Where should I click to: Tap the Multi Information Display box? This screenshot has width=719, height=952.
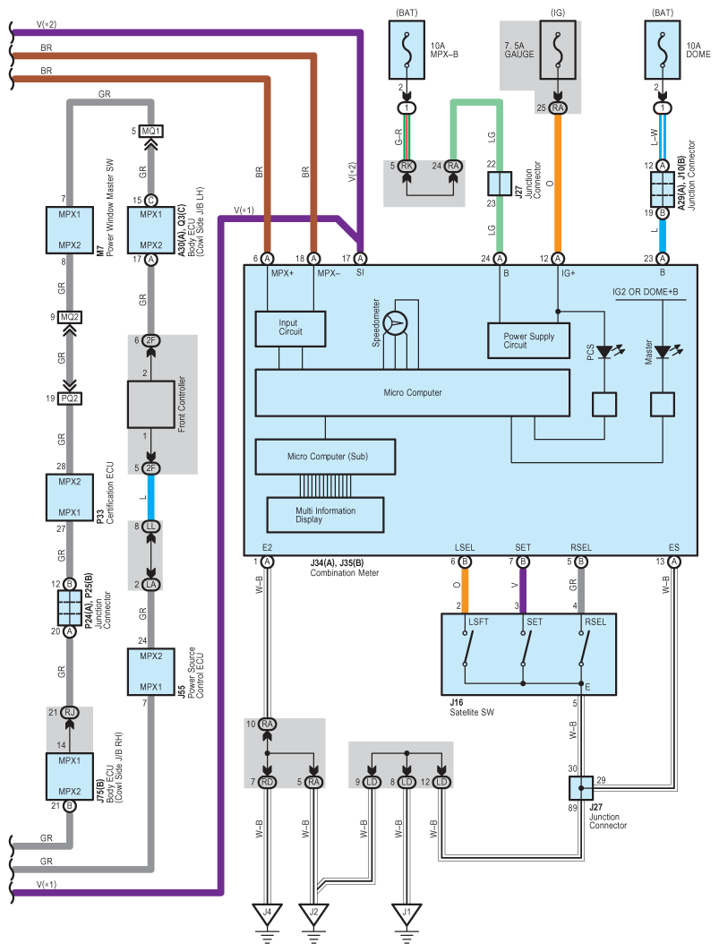coord(325,515)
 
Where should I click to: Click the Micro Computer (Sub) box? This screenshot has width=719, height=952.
coord(326,457)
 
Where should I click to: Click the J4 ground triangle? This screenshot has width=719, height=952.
coord(266,916)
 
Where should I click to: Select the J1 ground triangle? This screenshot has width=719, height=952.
coord(407,916)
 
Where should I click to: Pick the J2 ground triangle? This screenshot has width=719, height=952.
coord(313,916)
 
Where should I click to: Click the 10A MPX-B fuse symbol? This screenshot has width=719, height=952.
coord(407,51)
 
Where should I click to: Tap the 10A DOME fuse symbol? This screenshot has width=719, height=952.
coord(663,51)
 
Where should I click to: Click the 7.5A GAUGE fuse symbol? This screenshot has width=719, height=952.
coord(558,51)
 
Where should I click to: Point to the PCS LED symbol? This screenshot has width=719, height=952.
coord(604,352)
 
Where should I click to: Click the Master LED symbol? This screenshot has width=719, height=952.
coord(663,352)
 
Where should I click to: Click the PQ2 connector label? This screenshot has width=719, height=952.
coord(71,399)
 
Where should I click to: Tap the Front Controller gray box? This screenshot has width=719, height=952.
coord(150,403)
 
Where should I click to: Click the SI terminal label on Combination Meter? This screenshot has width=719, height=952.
coord(361,271)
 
